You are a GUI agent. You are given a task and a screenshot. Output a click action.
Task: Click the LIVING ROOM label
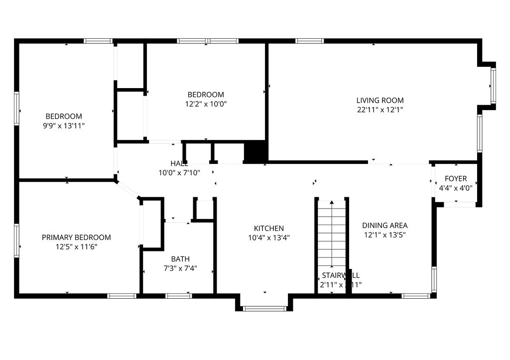[x=380, y=100]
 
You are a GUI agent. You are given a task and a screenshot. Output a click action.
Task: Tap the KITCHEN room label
[x=268, y=228]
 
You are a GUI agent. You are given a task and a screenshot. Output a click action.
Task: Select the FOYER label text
[x=456, y=179]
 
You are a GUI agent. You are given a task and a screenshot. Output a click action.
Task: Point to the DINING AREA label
[x=384, y=225]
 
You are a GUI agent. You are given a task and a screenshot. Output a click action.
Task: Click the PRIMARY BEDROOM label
[x=76, y=238]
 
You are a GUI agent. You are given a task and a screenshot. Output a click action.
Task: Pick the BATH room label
[x=180, y=259]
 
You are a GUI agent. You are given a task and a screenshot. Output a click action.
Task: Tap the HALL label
[x=179, y=163]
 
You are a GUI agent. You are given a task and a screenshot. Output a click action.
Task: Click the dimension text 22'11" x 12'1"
[x=380, y=110]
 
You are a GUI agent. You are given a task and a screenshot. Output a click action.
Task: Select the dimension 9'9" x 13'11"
[x=64, y=126]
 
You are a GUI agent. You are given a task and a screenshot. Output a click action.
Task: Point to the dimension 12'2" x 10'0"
[x=205, y=104]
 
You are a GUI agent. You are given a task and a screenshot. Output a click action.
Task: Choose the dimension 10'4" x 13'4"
[x=268, y=238]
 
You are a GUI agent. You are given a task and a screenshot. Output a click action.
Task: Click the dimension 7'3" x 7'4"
[x=180, y=268]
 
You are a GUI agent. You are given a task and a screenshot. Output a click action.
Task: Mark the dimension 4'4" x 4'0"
[x=456, y=188]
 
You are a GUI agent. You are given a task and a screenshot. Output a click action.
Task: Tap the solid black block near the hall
[x=255, y=152]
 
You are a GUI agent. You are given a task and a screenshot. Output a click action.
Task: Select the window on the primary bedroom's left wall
[x=16, y=240]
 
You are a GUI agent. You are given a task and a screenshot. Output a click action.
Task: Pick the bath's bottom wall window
[x=179, y=296]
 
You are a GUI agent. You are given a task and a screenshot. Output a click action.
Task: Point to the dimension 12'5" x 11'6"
[x=76, y=247]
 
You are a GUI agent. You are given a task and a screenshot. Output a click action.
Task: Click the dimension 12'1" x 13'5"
[x=384, y=235]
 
